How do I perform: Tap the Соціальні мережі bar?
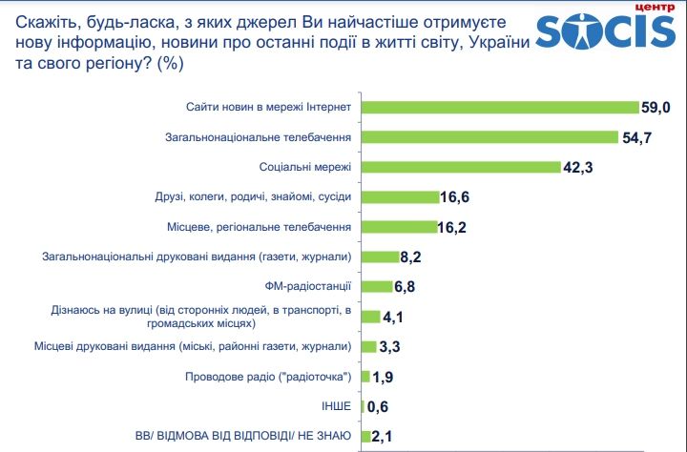[x=458, y=167]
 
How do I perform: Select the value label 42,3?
[x=579, y=168]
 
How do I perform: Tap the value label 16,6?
[x=457, y=197]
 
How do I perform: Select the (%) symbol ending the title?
[x=171, y=65]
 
